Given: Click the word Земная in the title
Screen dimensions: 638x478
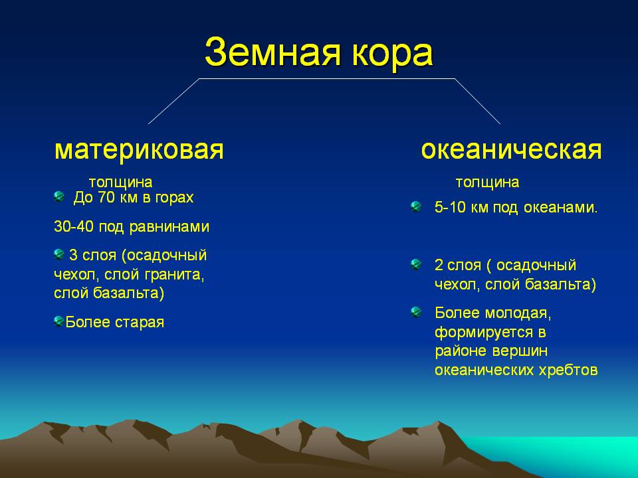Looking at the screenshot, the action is [x=272, y=52].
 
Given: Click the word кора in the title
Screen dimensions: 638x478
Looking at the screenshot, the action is [x=392, y=55].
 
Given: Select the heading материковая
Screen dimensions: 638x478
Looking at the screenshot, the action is [x=139, y=150].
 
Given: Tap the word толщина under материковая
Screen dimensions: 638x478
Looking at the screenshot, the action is [x=120, y=183].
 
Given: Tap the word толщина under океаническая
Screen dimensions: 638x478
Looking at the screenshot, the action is [x=487, y=182].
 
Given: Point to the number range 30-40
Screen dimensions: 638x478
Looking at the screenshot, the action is [x=74, y=226].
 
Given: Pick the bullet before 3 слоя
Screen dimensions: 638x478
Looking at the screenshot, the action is [x=59, y=254].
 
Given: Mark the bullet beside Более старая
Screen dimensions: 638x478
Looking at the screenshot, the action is [x=59, y=321].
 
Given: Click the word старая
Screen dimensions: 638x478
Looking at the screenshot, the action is [x=140, y=323].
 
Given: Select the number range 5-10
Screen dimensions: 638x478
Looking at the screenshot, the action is [x=450, y=207].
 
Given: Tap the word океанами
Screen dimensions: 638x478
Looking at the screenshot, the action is [x=560, y=208].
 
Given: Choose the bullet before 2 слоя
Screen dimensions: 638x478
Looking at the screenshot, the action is [x=416, y=265].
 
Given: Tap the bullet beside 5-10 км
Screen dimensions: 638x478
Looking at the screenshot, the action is [x=416, y=206].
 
